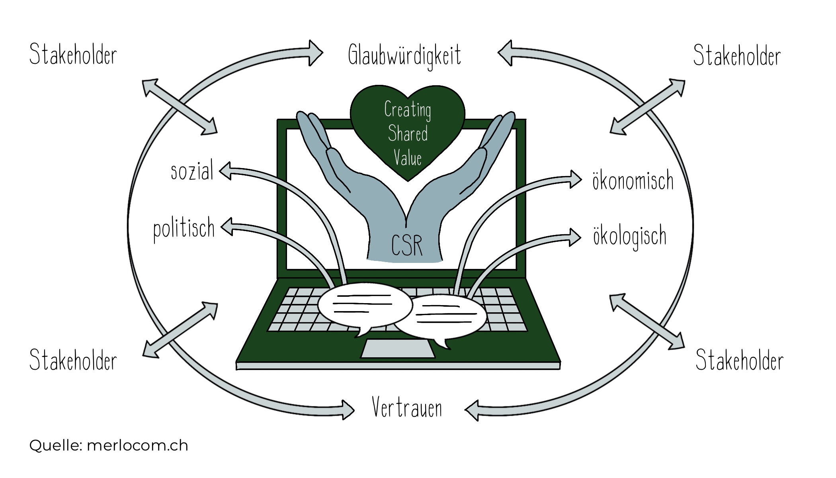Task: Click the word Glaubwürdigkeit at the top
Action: (404, 56)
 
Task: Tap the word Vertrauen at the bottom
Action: (407, 408)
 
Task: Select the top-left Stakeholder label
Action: (73, 55)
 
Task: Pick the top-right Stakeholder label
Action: (736, 55)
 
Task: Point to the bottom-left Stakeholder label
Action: (73, 360)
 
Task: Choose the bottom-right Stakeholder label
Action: (739, 360)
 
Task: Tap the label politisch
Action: (184, 229)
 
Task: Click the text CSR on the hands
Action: (406, 245)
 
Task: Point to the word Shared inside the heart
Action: (408, 133)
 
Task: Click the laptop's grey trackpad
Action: (398, 349)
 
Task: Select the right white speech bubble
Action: (446, 317)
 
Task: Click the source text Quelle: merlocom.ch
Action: (108, 445)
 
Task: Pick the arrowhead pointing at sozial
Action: (225, 171)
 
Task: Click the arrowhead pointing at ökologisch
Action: (575, 237)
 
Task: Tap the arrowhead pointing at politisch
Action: (227, 227)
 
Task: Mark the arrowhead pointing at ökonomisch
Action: (576, 179)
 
